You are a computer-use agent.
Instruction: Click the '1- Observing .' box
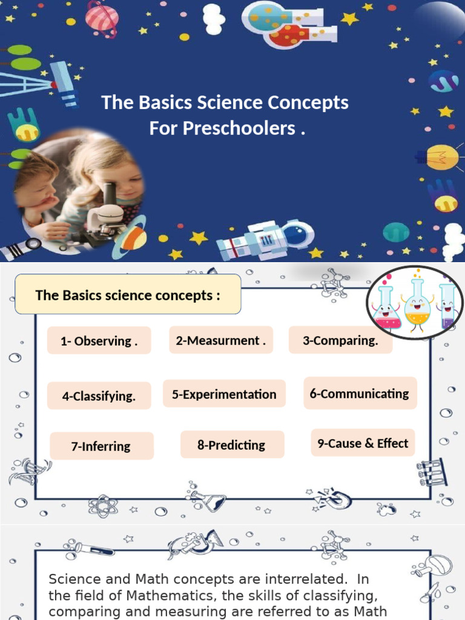pyautogui.click(x=99, y=341)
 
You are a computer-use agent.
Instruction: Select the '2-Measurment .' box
pyautogui.click(x=220, y=340)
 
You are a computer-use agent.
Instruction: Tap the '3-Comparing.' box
pyautogui.click(x=340, y=340)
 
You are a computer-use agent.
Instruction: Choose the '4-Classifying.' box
pyautogui.click(x=99, y=397)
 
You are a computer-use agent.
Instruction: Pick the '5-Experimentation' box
pyautogui.click(x=224, y=394)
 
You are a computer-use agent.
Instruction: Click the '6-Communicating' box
pyautogui.click(x=360, y=394)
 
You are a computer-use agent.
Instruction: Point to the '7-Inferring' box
pyautogui.click(x=101, y=446)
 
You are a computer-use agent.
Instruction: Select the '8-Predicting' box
pyautogui.click(x=231, y=445)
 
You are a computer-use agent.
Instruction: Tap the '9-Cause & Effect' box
pyautogui.click(x=363, y=443)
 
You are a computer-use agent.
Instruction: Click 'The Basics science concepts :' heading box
pyautogui.click(x=128, y=295)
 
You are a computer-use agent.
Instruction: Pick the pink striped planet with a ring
pyautogui.click(x=102, y=16)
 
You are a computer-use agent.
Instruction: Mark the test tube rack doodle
pyautogui.click(x=432, y=472)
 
